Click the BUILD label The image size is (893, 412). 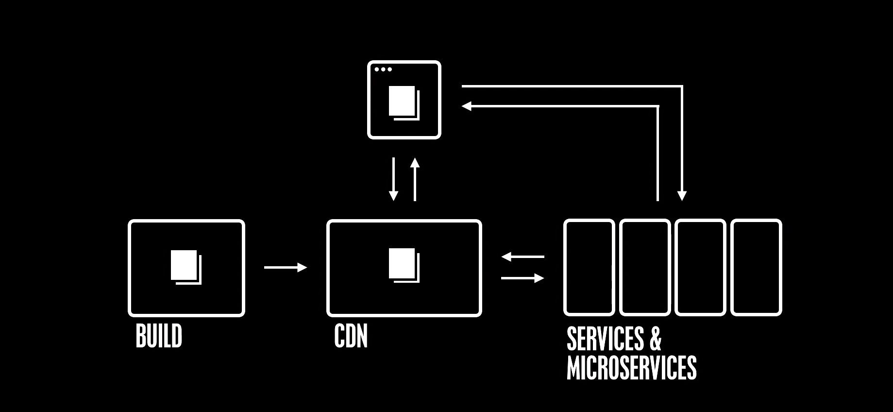159,336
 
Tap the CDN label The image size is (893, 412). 351,336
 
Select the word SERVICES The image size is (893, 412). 605,339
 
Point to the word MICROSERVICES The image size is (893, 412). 631,368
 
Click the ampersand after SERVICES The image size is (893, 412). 655,339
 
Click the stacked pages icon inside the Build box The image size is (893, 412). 185,267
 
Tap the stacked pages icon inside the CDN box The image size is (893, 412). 404,265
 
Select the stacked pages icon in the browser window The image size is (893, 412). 404,103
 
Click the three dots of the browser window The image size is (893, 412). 383,69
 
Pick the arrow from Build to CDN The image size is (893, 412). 285,267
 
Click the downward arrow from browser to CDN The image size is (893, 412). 393,179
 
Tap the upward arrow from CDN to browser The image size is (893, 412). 415,179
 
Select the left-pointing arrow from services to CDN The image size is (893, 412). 522,256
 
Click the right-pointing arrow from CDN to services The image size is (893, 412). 522,278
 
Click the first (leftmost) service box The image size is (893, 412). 589,267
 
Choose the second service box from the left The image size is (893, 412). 645,267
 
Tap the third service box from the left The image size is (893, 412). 700,267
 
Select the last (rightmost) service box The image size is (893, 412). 756,267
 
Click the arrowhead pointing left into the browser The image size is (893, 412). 467,106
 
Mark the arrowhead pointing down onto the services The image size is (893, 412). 682,195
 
